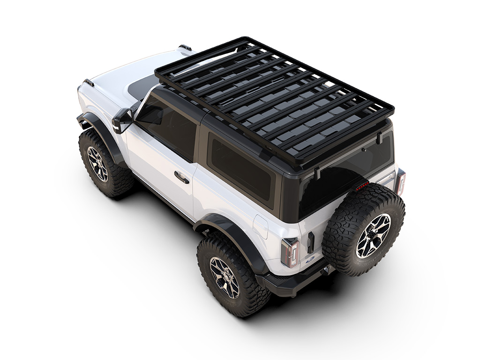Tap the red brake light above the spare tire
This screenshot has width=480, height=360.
click(361, 187)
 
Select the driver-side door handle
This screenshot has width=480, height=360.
click(181, 177)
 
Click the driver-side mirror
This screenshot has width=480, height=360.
click(121, 118)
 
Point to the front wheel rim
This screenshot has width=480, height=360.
click(97, 164)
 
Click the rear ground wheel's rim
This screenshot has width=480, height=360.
click(224, 277)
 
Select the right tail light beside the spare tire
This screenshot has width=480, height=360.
click(399, 182)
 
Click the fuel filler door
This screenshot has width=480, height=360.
click(260, 227)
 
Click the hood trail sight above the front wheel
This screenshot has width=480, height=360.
click(88, 82)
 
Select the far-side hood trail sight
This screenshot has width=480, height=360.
click(185, 47)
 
